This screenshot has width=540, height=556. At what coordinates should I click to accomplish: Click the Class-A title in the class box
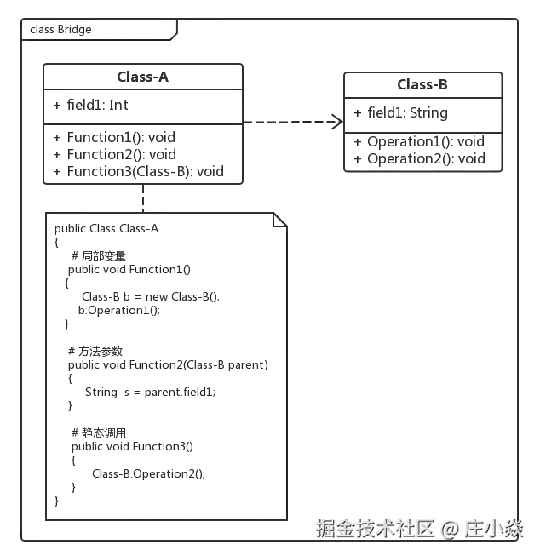pos(141,78)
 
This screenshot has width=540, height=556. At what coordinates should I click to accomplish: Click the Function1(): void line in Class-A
pos(125,137)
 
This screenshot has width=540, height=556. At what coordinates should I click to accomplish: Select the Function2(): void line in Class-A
pos(125,154)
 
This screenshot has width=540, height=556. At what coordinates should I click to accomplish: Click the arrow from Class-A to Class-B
pos(290,122)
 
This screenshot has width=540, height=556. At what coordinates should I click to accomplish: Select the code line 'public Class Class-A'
pos(108,230)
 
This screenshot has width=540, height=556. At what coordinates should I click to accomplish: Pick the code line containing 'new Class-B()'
pos(152,296)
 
